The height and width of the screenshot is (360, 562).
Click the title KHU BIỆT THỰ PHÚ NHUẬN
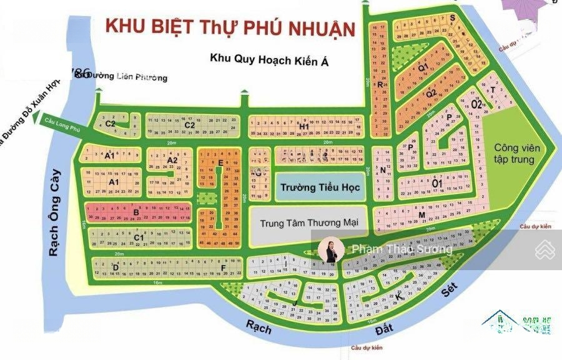(230, 27)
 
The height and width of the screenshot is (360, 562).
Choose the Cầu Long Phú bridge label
(63, 122)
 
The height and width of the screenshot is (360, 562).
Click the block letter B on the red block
(136, 212)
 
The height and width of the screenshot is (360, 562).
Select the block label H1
(304, 127)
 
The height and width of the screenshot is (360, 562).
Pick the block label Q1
(423, 67)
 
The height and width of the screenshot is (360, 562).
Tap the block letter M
(422, 215)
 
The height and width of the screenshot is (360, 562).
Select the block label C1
(139, 238)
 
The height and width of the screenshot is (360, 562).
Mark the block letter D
(116, 268)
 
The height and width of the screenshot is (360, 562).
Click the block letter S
(451, 18)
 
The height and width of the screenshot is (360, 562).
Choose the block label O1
(437, 182)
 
